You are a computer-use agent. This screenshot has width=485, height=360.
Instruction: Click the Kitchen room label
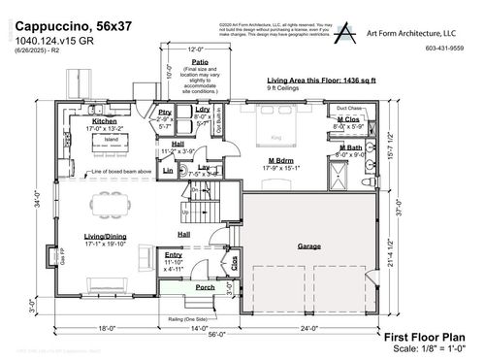click(x=104, y=120)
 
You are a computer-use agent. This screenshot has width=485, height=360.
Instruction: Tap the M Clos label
click(x=348, y=121)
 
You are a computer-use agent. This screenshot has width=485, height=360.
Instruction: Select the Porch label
click(x=205, y=287)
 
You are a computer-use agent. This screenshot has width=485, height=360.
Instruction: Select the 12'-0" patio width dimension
click(x=196, y=49)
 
